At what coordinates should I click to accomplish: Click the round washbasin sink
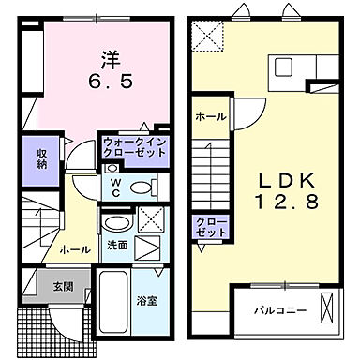click(x=115, y=224)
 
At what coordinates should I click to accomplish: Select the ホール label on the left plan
click(x=75, y=250)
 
